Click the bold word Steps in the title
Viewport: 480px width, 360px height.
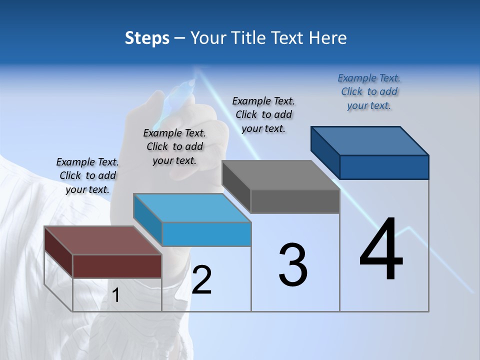pyautogui.click(x=147, y=38)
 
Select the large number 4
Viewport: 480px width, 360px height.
pyautogui.click(x=381, y=250)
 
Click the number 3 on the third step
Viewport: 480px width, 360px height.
pyautogui.click(x=293, y=265)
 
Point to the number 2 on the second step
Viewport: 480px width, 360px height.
pyautogui.click(x=201, y=280)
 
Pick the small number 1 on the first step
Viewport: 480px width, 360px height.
pyautogui.click(x=116, y=295)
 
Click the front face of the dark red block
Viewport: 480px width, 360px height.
pyautogui.click(x=117, y=266)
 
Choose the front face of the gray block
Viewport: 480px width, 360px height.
pyautogui.click(x=295, y=201)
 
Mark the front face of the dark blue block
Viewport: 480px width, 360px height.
pyautogui.click(x=384, y=167)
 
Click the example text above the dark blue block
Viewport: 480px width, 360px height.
pyautogui.click(x=369, y=92)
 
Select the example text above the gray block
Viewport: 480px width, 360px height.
pyautogui.click(x=263, y=114)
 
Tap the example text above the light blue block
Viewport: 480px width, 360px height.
pyautogui.click(x=174, y=146)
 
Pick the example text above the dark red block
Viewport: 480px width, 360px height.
pyautogui.click(x=87, y=175)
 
